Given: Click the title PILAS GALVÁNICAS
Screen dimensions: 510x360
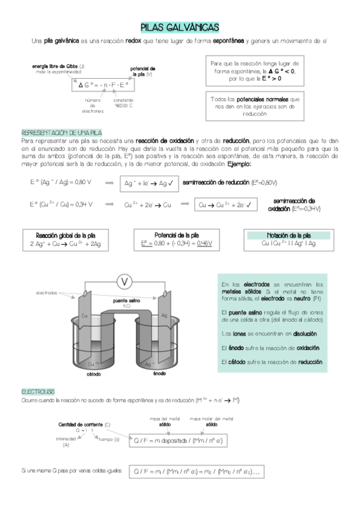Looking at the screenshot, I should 180,27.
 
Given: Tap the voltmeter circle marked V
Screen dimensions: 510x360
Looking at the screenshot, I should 125,281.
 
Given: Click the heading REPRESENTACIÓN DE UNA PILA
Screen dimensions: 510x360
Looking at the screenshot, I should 61,132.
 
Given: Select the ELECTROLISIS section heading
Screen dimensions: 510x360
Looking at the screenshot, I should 38,392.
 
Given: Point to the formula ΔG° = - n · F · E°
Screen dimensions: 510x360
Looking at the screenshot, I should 103,85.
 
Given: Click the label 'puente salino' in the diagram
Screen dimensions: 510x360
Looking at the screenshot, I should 127,301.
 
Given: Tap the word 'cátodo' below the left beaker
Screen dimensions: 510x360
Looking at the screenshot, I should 94,373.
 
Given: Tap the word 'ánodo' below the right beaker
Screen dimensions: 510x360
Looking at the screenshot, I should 159,373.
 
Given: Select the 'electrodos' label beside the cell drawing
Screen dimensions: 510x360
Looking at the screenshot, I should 46,293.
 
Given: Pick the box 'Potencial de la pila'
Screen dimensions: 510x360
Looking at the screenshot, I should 177,240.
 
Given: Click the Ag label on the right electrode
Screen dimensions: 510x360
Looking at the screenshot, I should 164,316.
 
